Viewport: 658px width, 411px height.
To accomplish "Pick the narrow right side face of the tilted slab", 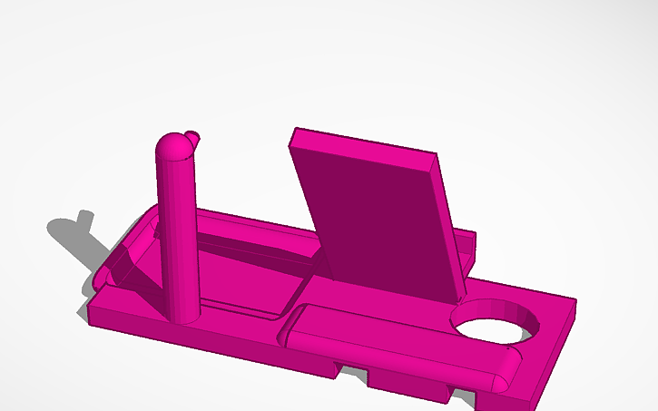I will [450, 227].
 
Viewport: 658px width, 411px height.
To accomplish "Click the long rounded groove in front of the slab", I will [399, 345].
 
